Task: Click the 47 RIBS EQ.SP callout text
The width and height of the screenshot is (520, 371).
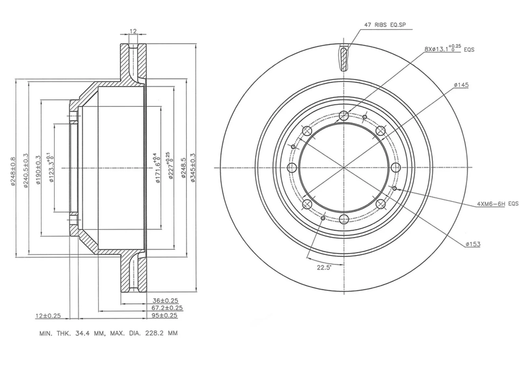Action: point(385,25)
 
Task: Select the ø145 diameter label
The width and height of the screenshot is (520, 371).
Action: point(461,85)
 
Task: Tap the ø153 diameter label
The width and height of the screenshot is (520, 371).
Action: point(473,244)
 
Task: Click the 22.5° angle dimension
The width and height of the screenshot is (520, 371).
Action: point(324,267)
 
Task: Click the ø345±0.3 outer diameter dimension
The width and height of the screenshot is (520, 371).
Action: point(193,167)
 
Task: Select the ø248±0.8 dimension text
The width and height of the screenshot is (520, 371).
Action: point(13,172)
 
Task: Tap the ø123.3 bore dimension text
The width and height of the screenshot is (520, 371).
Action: point(51,167)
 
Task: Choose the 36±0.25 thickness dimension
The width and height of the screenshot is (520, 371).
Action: point(165,301)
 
